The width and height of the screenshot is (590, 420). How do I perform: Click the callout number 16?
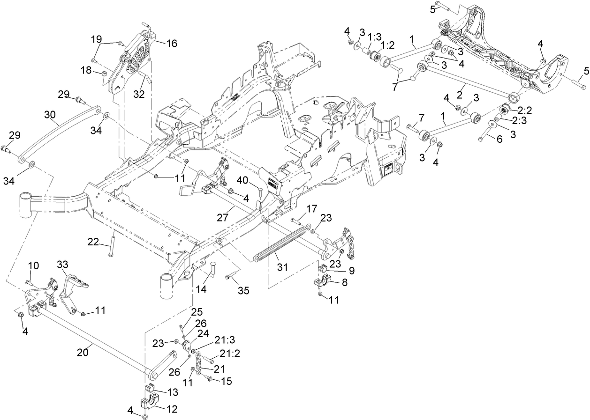(171, 43)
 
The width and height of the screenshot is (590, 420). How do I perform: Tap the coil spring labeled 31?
(279, 243)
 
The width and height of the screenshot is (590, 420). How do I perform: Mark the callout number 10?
(33, 265)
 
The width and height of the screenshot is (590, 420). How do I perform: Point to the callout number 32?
(139, 93)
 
